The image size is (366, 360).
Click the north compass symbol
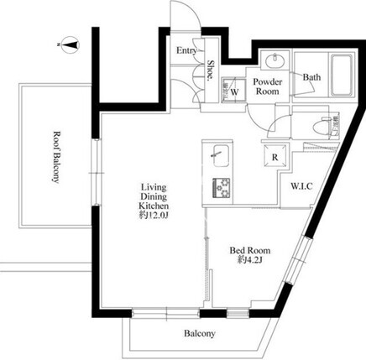pyautogui.click(x=71, y=44)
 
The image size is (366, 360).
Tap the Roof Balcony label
pyautogui.click(x=56, y=157)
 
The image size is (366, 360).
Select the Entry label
pyautogui.click(x=186, y=50)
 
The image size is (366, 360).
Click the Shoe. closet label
pyautogui.click(x=211, y=70)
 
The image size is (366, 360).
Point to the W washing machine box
pyautogui.click(x=233, y=90)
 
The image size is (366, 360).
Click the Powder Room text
pyautogui.click(x=268, y=86)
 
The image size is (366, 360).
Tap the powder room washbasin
pyautogui.click(x=275, y=60)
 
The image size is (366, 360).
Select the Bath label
pyautogui.click(x=312, y=77)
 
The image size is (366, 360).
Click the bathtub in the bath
pyautogui.click(x=342, y=76)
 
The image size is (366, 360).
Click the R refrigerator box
pyautogui.click(x=274, y=157)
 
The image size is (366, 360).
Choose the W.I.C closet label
pyautogui.click(x=301, y=186)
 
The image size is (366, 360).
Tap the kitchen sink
pyautogui.click(x=221, y=156)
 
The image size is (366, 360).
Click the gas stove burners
pyautogui.click(x=222, y=188)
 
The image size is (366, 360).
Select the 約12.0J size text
pyautogui.click(x=154, y=216)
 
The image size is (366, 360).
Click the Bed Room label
pyautogui.click(x=250, y=250)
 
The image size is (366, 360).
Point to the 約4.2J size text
pyautogui.click(x=250, y=260)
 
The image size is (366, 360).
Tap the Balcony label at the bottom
pyautogui.click(x=200, y=333)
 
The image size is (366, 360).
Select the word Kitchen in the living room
pyautogui.click(x=154, y=206)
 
